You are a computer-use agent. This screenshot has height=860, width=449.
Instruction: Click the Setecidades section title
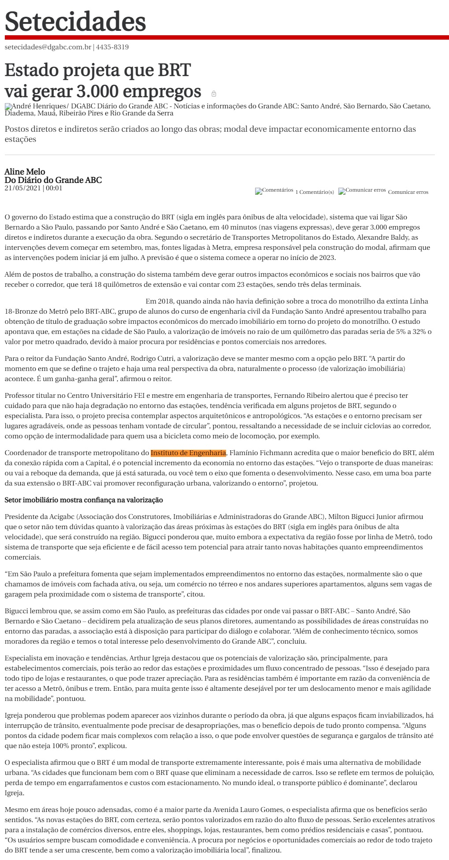click(x=75, y=21)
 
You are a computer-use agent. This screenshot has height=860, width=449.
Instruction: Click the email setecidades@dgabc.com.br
click(x=48, y=47)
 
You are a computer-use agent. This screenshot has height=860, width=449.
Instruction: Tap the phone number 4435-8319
click(x=112, y=47)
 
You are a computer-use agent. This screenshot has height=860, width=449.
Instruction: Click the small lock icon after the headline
click(x=214, y=94)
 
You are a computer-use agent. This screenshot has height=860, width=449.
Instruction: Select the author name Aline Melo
click(x=25, y=171)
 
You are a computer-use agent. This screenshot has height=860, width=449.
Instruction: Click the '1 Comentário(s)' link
click(x=315, y=192)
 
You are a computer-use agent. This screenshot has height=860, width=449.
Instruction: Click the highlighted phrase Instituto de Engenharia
click(x=188, y=453)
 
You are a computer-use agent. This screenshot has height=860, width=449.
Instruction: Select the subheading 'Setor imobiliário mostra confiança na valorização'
click(x=84, y=500)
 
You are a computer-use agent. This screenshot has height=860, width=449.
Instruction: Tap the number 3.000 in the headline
click(x=96, y=91)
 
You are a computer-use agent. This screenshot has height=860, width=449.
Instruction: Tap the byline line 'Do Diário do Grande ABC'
click(x=53, y=180)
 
